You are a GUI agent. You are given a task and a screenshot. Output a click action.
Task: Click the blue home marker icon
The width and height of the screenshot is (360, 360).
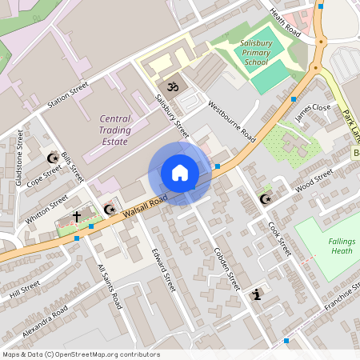pyautogui.click(x=180, y=173)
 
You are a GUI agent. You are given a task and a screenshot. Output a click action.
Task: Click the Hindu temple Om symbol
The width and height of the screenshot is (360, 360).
pyautogui.click(x=170, y=85)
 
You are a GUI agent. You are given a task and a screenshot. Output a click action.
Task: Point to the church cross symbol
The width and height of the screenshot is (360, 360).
pyautogui.click(x=77, y=216)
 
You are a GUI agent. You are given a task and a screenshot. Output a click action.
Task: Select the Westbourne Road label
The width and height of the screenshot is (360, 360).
pyautogui.click(x=231, y=122)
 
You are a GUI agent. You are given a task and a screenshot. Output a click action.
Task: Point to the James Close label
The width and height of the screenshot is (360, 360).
pyautogui.click(x=313, y=112)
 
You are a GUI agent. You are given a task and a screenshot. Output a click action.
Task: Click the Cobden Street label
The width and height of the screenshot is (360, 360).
pyautogui.click(x=226, y=267)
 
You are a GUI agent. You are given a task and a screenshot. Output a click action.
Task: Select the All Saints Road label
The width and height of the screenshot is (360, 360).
pyautogui.click(x=109, y=286)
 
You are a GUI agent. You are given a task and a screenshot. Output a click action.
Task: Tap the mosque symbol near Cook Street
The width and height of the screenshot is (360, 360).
pyautogui.click(x=266, y=199)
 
